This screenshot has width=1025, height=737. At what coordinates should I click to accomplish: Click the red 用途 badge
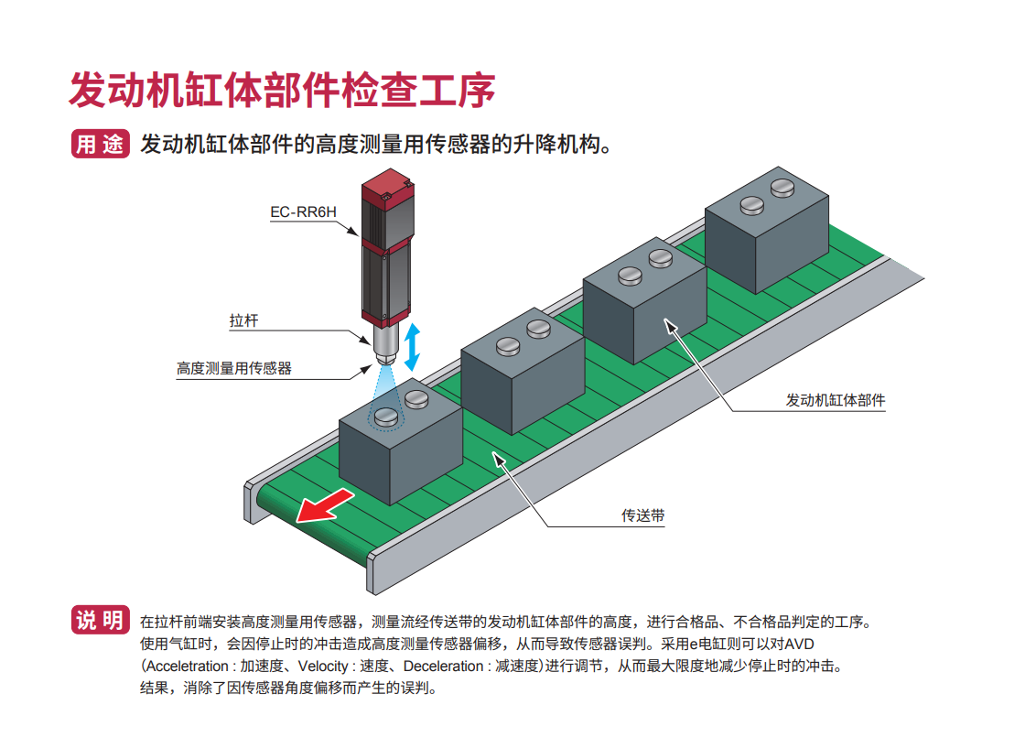[x=100, y=145]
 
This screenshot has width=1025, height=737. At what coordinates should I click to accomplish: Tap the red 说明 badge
[x=100, y=621]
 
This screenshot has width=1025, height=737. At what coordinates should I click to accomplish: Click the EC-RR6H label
[x=303, y=212]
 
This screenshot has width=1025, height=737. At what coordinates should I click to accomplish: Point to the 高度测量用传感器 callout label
[x=234, y=369]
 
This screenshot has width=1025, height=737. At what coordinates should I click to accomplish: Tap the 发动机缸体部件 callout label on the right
[x=836, y=400]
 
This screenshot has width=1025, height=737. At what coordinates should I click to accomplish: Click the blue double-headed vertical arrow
[x=413, y=347]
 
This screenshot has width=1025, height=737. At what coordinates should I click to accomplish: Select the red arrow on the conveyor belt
[x=325, y=504]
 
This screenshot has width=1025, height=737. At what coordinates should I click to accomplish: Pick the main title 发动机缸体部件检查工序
[x=283, y=90]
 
